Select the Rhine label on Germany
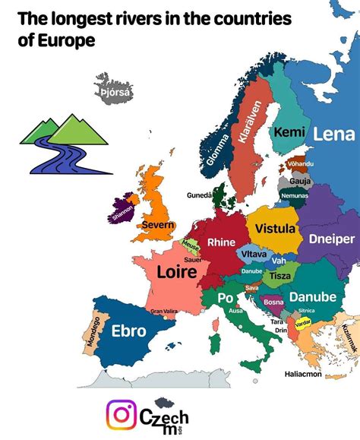click(221, 242)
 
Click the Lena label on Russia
click(333, 135)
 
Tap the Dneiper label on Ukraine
click(332, 239)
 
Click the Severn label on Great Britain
click(158, 226)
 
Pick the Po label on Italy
click(225, 299)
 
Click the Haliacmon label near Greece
click(303, 374)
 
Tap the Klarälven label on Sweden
click(252, 123)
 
